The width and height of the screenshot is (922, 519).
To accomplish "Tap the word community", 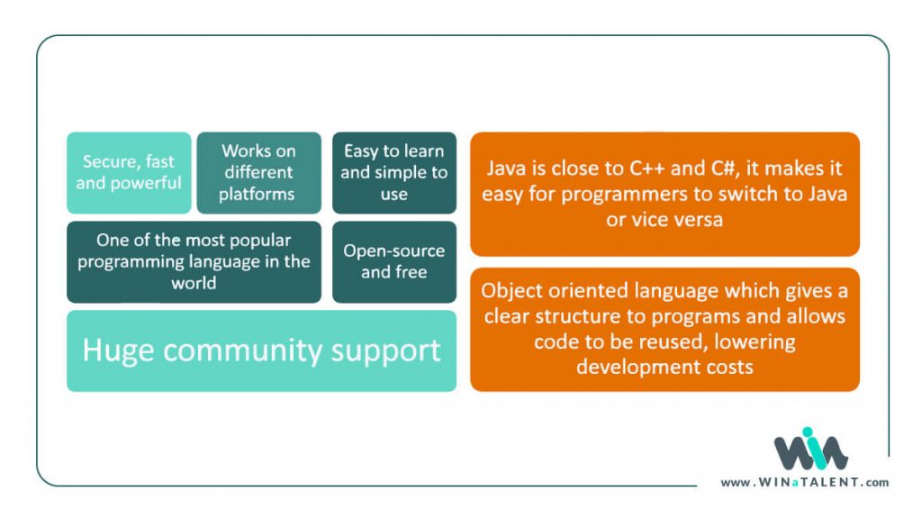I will [267, 351].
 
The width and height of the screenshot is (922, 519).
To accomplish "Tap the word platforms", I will [257, 194].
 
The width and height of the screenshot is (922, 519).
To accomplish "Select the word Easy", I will [361, 150].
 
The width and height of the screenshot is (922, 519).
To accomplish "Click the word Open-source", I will [393, 250].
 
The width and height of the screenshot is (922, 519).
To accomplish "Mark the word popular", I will [258, 241].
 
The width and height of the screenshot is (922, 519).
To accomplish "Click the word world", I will [194, 283].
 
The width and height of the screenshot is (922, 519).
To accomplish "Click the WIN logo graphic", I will [809, 450].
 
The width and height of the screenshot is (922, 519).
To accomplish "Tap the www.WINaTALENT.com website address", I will [804, 483].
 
